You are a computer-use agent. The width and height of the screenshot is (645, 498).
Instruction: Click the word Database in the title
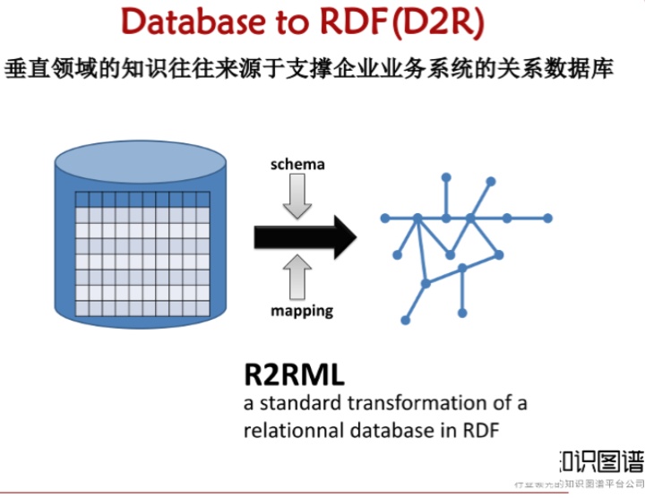pyautogui.click(x=189, y=22)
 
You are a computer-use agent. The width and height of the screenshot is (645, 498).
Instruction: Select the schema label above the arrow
pyautogui.click(x=297, y=165)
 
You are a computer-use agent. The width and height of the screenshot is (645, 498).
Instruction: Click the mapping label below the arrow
pyautogui.click(x=302, y=311)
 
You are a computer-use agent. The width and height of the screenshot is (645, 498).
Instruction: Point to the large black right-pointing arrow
pyautogui.click(x=305, y=236)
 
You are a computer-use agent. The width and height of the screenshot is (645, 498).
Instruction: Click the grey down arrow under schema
pyautogui.click(x=297, y=196)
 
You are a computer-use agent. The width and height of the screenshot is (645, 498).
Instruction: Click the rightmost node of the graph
pyautogui.click(x=548, y=218)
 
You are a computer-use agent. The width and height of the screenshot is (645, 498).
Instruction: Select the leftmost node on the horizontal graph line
pyautogui.click(x=383, y=218)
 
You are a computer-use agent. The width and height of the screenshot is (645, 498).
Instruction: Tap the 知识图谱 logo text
pyautogui.click(x=601, y=460)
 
